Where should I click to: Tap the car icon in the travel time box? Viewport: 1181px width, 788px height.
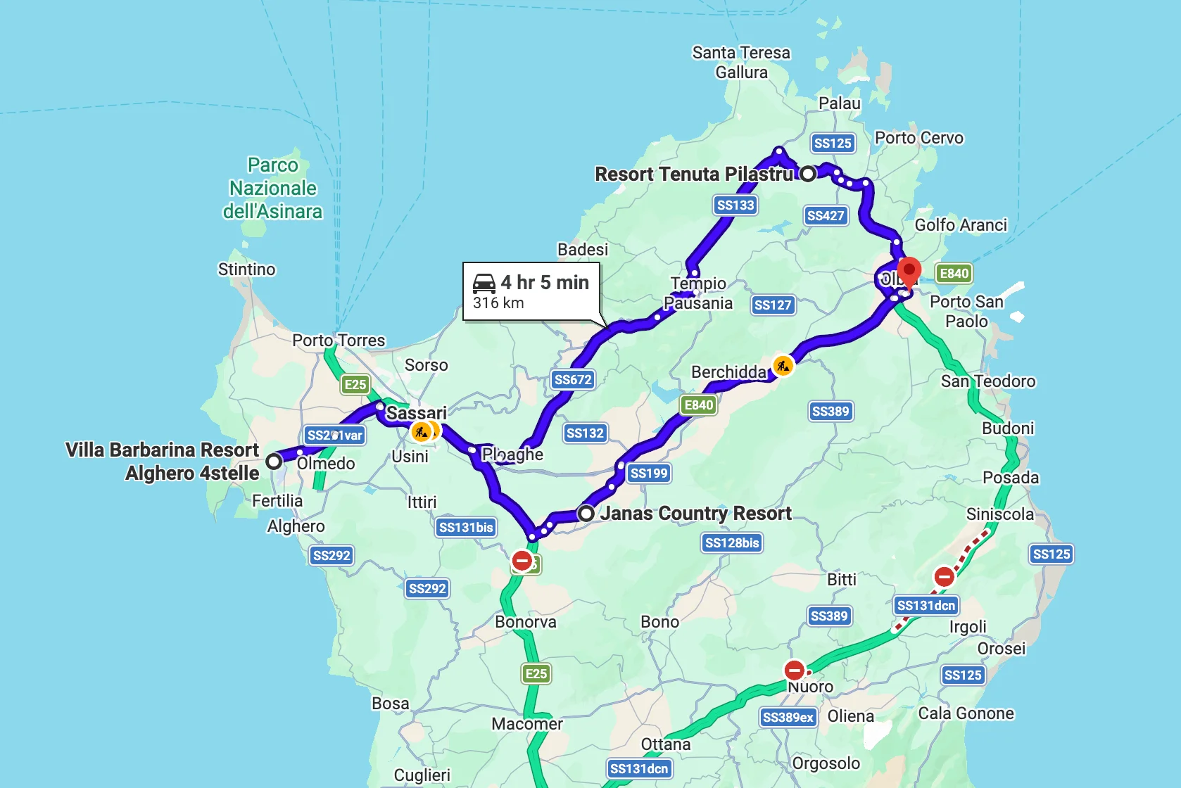[484, 283]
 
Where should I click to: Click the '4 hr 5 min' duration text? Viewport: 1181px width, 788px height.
[545, 282]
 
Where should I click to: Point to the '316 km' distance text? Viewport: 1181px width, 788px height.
[498, 303]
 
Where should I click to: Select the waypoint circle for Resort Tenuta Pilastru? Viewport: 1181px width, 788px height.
[808, 173]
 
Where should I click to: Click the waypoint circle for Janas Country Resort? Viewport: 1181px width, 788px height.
[586, 513]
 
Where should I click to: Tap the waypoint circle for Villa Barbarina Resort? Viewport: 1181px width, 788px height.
[274, 462]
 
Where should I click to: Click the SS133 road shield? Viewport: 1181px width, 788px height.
[735, 205]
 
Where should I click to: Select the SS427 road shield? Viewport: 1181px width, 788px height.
[825, 215]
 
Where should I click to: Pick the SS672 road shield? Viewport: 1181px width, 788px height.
[573, 379]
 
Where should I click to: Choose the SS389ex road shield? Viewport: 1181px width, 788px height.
[788, 717]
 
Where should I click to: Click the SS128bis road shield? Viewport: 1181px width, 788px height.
[732, 542]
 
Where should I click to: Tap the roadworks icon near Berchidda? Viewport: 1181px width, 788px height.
[783, 365]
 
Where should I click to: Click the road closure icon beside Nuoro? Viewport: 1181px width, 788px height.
[794, 669]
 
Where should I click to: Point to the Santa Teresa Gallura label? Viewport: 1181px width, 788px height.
[741, 62]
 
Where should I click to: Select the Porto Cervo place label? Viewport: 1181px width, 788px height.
[918, 138]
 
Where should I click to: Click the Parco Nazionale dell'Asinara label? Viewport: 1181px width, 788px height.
[272, 188]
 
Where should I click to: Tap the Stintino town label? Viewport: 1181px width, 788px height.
[246, 269]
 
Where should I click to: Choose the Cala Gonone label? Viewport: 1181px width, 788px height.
[966, 713]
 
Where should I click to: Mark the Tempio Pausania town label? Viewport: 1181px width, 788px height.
[698, 293]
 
